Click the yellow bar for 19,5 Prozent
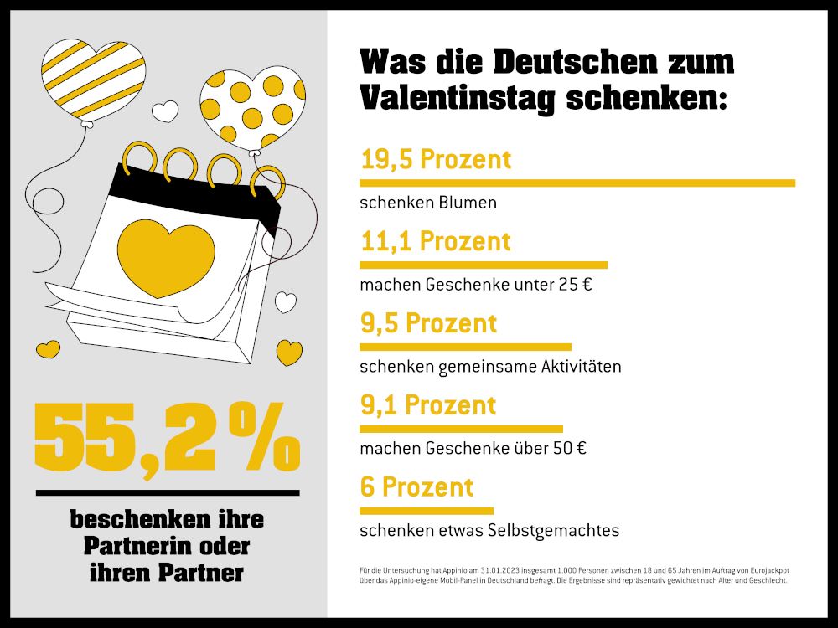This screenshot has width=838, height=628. [577, 183]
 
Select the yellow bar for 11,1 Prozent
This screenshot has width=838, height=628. [484, 265]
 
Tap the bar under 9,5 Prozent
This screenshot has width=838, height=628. [465, 347]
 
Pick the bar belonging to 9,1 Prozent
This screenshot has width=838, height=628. [461, 429]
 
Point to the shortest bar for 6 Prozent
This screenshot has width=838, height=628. [427, 510]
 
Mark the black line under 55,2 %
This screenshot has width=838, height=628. [167, 492]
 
